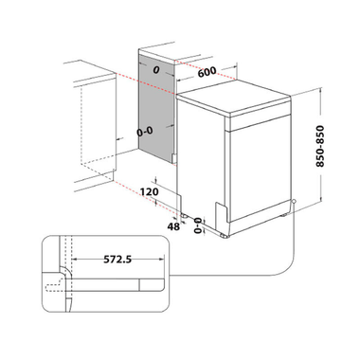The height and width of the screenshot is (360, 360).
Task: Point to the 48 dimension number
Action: [x=174, y=228]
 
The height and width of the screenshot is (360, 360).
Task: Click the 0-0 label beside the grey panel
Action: [x=147, y=133]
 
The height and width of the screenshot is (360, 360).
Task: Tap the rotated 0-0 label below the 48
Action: [x=196, y=225]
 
